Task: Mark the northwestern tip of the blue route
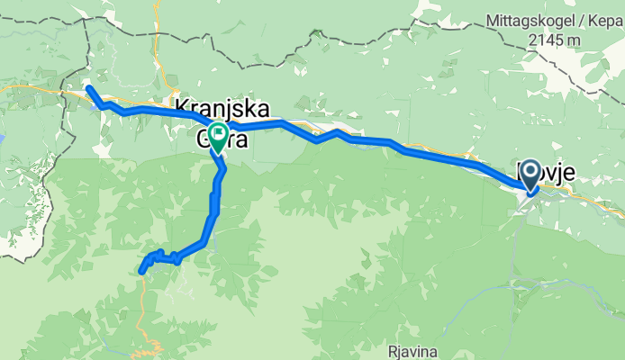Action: [88, 87]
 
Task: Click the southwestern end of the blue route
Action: [141, 270]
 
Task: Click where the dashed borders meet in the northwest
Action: [87, 19]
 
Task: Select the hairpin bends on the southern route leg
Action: [162, 257]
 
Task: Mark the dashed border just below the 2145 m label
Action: [558, 57]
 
